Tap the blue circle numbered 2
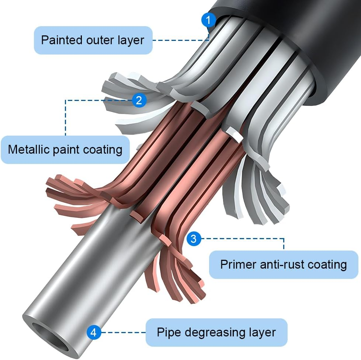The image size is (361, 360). (139, 100)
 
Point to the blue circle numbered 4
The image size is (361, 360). (94, 333)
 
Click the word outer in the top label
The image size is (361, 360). (98, 40)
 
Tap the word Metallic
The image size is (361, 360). (29, 149)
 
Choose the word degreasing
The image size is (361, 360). (214, 332)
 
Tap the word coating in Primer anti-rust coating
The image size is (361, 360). (327, 264)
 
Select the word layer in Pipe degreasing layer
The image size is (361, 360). (263, 332)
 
